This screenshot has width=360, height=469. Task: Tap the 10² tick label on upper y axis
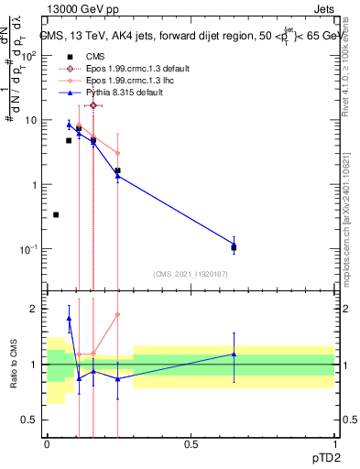click(x=30, y=56)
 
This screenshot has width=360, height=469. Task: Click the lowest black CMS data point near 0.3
click(x=56, y=214)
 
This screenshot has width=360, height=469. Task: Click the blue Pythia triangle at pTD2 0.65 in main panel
click(x=234, y=245)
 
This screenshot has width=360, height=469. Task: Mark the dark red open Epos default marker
click(x=93, y=105)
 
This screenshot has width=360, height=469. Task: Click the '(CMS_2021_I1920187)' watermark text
click(x=190, y=274)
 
